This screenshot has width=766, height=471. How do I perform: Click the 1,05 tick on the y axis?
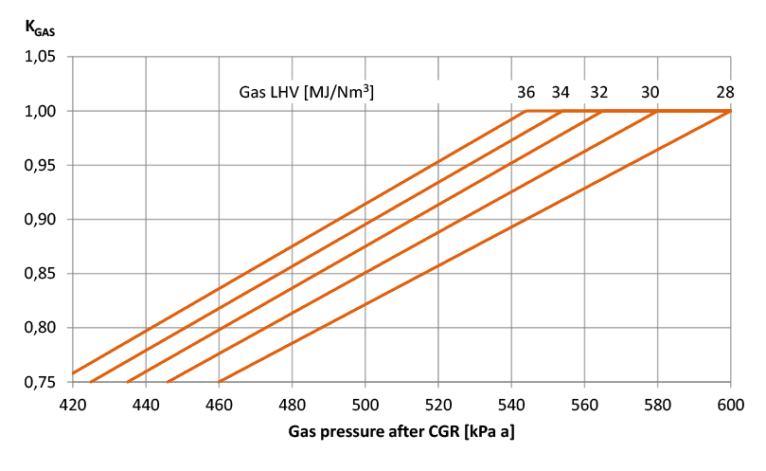pos(41,57)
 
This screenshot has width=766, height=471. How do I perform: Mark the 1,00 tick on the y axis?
pos(41,111)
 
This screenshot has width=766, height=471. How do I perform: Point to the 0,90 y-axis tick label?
pos(41,219)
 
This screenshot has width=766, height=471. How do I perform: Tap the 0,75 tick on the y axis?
pos(41,382)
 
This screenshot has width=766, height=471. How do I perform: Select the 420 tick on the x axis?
pos(73,404)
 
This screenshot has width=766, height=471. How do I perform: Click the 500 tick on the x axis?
pos(365,404)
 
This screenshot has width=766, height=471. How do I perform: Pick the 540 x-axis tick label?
pos(511,404)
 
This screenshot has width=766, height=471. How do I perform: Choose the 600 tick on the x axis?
pos(730,404)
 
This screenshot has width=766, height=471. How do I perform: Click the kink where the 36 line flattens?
pos(526,111)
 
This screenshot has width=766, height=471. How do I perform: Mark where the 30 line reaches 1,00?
pos(657,111)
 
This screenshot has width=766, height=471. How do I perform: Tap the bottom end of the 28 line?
pos(220,381)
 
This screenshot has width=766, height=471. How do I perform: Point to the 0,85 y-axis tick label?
pos(41,274)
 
